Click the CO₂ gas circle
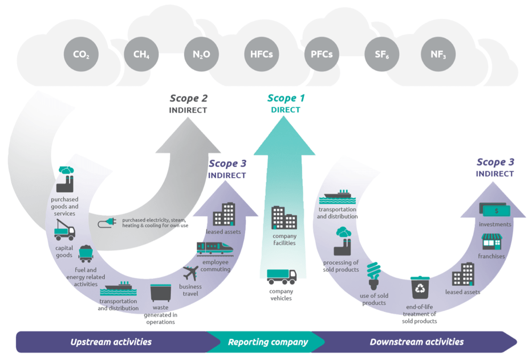(81, 55)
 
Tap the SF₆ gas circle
(381, 55)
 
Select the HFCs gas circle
(261, 55)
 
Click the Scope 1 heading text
(286, 98)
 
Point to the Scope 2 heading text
(188, 98)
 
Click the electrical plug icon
(106, 223)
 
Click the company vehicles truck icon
(282, 277)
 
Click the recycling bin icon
(420, 288)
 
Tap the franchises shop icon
(491, 242)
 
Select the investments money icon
(495, 211)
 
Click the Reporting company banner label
(267, 342)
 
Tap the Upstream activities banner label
(111, 342)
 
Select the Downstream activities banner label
(416, 342)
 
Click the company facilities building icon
(283, 218)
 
